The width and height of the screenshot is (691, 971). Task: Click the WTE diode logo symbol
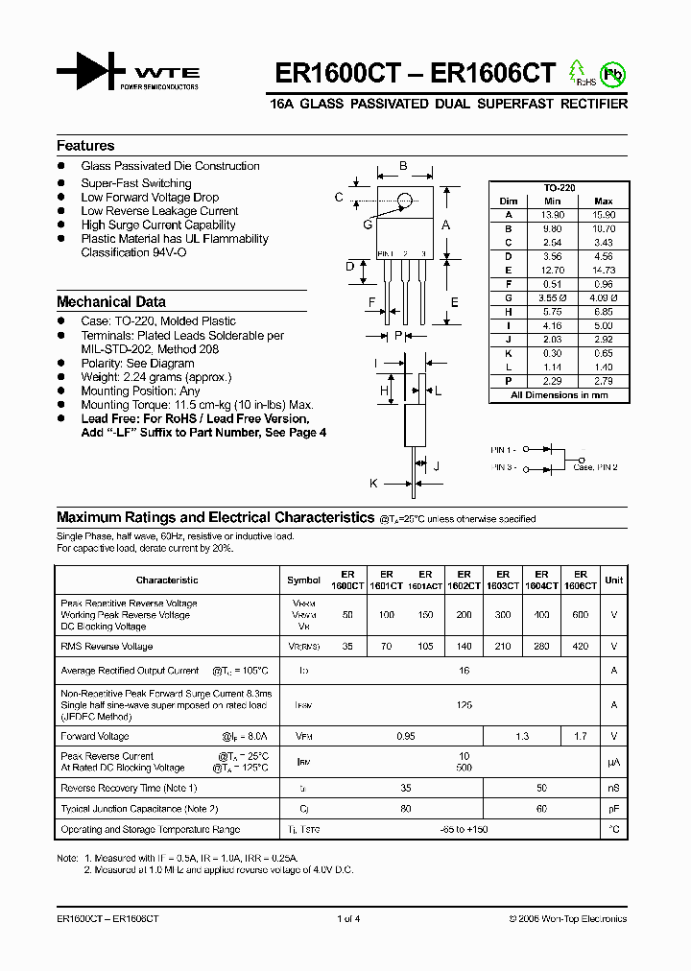pyautogui.click(x=90, y=73)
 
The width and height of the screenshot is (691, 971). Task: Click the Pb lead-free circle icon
pyautogui.click(x=611, y=74)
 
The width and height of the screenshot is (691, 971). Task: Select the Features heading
pyautogui.click(x=85, y=146)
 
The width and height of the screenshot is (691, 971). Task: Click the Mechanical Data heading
pyautogui.click(x=110, y=301)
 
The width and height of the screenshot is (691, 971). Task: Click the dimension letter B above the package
pyautogui.click(x=403, y=166)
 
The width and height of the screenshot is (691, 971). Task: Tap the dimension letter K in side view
pyautogui.click(x=374, y=484)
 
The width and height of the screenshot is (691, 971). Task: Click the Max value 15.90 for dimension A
pyautogui.click(x=603, y=215)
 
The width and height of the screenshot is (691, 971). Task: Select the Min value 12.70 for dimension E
pyautogui.click(x=552, y=272)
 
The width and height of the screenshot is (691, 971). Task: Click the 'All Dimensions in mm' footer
pyautogui.click(x=559, y=395)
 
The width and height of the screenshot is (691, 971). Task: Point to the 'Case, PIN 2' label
pyautogui.click(x=595, y=467)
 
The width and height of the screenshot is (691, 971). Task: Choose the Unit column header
pyautogui.click(x=613, y=580)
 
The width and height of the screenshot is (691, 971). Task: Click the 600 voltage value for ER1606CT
pyautogui.click(x=580, y=615)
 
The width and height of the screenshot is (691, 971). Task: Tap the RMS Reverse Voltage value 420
pyautogui.click(x=580, y=647)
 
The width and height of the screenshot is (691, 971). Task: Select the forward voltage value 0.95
pyautogui.click(x=406, y=736)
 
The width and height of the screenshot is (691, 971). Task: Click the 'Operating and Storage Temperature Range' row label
pyautogui.click(x=150, y=829)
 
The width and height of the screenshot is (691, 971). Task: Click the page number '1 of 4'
pyautogui.click(x=348, y=918)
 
